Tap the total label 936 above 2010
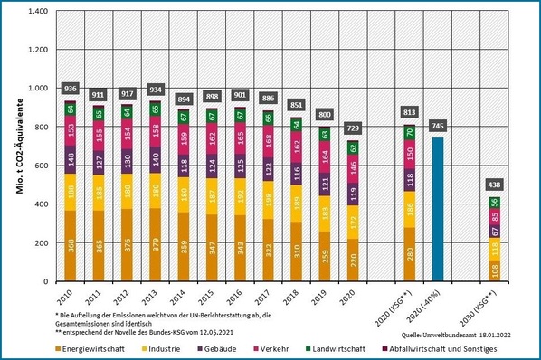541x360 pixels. (x=71, y=89)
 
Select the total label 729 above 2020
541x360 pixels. (x=355, y=128)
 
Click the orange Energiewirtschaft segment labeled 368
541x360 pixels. (x=71, y=246)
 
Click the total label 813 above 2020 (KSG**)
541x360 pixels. (x=409, y=112)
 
